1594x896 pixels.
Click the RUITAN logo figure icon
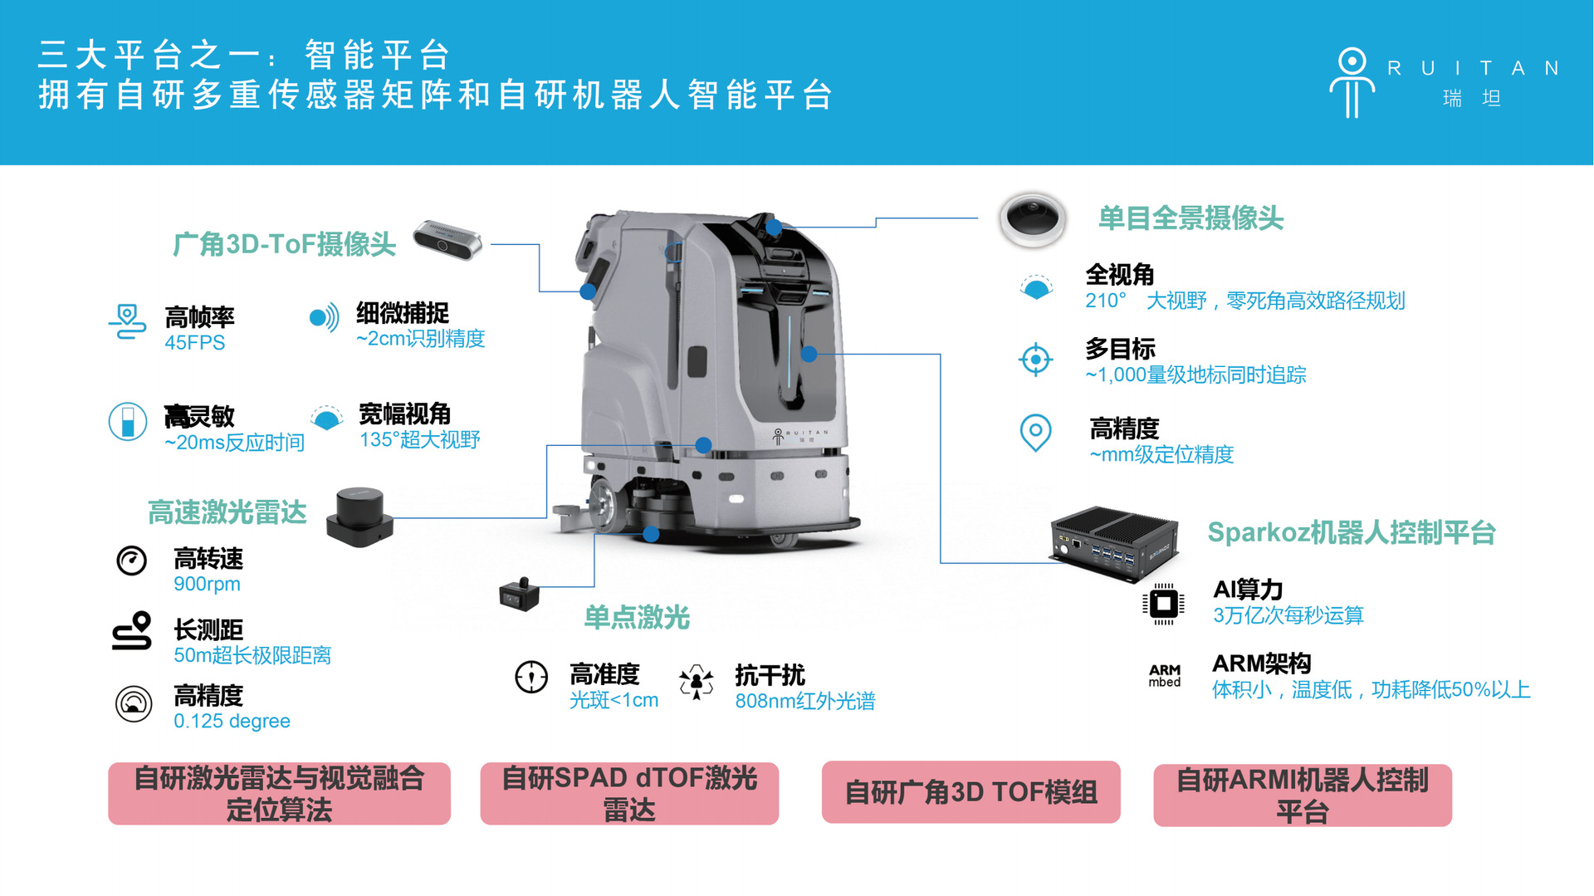(1352, 82)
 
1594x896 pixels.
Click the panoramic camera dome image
(1032, 219)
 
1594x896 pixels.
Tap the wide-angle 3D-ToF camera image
(448, 239)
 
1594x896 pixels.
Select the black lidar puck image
(359, 517)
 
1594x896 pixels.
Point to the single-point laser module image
(520, 593)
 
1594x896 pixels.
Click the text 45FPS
(194, 343)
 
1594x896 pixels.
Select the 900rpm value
(207, 584)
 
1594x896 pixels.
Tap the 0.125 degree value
(232, 721)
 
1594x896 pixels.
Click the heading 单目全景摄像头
(1191, 218)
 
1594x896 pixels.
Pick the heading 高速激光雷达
(227, 512)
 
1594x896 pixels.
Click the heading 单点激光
(637, 617)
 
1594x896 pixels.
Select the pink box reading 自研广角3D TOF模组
(971, 792)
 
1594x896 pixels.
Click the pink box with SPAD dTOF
(629, 793)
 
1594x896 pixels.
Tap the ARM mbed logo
(1165, 675)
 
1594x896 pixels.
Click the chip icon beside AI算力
(1163, 603)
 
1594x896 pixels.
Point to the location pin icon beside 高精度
(1035, 433)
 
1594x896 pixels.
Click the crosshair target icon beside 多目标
(1035, 360)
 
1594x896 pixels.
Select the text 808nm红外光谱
(804, 701)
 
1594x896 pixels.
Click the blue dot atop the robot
(774, 227)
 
